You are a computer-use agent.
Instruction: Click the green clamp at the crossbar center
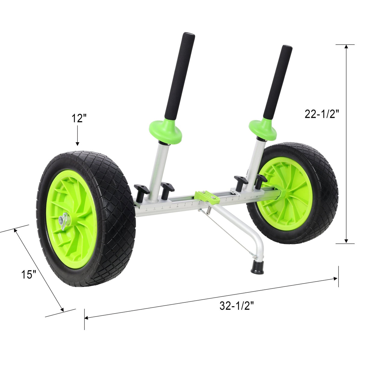click(x=207, y=196)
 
